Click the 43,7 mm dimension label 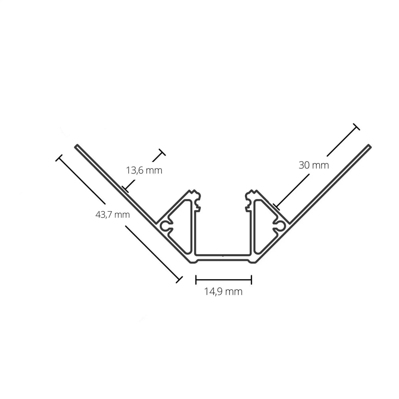pos(113,214)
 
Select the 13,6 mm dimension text pos(144,171)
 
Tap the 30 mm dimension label pos(314,165)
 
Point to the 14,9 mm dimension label pos(223,291)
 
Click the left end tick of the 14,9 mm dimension pos(196,280)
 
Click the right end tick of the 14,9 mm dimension pos(251,280)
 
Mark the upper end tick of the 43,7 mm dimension pos(59,158)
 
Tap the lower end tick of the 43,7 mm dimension pos(179,280)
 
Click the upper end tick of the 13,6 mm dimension pos(162,152)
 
